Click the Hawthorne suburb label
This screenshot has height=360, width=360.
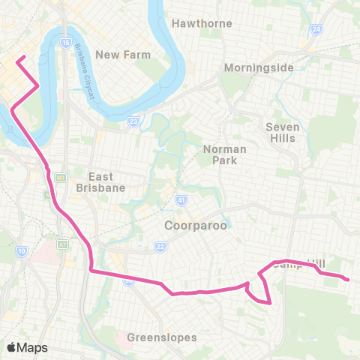[202, 23]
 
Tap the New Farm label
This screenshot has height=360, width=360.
[123, 55]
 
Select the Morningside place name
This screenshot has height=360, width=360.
[259, 67]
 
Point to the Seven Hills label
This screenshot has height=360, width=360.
[283, 132]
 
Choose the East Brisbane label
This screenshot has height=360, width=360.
[100, 182]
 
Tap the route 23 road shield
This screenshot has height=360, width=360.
[133, 120]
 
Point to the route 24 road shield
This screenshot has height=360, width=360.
[316, 29]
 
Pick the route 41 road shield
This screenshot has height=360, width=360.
[181, 200]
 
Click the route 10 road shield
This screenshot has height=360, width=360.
[22, 250]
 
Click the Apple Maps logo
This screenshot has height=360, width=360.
[27, 347]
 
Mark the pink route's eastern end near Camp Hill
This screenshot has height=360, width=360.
[348, 280]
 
